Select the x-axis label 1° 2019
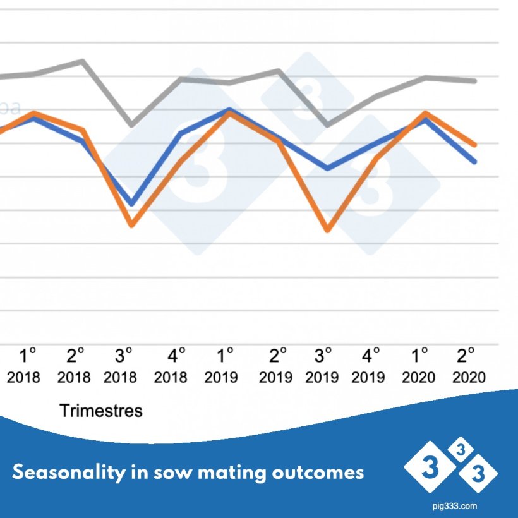[x=221, y=366]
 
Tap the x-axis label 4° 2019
[x=368, y=366]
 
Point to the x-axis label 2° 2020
[x=468, y=366]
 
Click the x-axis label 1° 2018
[x=24, y=366]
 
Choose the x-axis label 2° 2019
[x=275, y=366]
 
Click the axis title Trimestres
[x=101, y=411]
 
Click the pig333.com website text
[x=451, y=506]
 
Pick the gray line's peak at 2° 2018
[x=83, y=61]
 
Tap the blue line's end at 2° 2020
[x=475, y=162]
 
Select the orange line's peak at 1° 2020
[x=426, y=113]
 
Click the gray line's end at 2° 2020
[x=475, y=81]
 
